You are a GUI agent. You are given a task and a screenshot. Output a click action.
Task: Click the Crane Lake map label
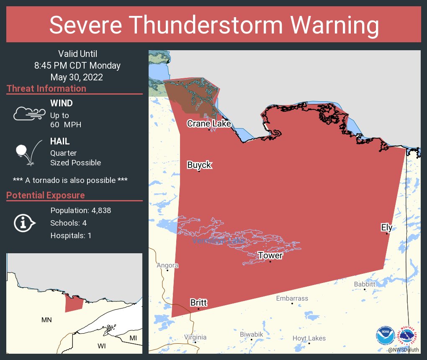click(209, 123)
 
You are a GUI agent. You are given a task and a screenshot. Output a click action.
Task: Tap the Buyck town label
click(199, 165)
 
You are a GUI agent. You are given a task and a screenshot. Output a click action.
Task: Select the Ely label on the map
click(386, 227)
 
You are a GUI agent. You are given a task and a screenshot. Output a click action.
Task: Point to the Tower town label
click(270, 255)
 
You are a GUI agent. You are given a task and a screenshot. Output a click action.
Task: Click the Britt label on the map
click(198, 303)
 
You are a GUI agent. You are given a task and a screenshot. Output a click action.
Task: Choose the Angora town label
click(167, 265)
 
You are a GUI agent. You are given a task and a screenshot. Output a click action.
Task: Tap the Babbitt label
click(365, 284)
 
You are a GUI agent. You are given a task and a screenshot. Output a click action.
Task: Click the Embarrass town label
click(292, 298)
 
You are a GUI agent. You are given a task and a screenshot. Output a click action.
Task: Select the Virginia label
click(195, 337)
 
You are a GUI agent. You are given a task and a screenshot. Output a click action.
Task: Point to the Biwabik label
click(252, 334)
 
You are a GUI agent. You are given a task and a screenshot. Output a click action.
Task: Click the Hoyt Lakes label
click(309, 338)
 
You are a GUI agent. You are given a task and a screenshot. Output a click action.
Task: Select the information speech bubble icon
click(25, 223)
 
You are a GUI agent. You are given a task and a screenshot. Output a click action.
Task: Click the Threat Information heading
click(46, 89)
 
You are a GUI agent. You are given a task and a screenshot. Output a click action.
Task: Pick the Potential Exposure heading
click(46, 195)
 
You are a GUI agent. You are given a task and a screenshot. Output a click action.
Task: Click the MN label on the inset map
click(46, 320)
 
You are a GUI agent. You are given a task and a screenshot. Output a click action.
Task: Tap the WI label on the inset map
click(102, 346)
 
